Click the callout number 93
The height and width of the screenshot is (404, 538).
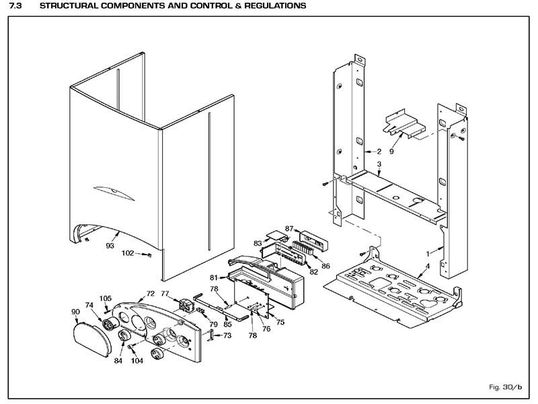coord(110,246)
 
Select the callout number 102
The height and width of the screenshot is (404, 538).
coord(128,254)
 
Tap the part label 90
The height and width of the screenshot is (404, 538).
coord(75,312)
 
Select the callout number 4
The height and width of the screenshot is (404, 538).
coord(426,266)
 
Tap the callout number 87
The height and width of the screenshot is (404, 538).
coord(289,230)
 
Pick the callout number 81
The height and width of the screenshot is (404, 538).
coord(213,277)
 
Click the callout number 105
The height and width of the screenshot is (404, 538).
coord(106,298)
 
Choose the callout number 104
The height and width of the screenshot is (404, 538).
coord(137,361)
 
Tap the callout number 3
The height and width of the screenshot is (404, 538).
coord(379,164)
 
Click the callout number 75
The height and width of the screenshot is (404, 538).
coord(280,323)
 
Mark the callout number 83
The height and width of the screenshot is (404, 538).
coord(258,243)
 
